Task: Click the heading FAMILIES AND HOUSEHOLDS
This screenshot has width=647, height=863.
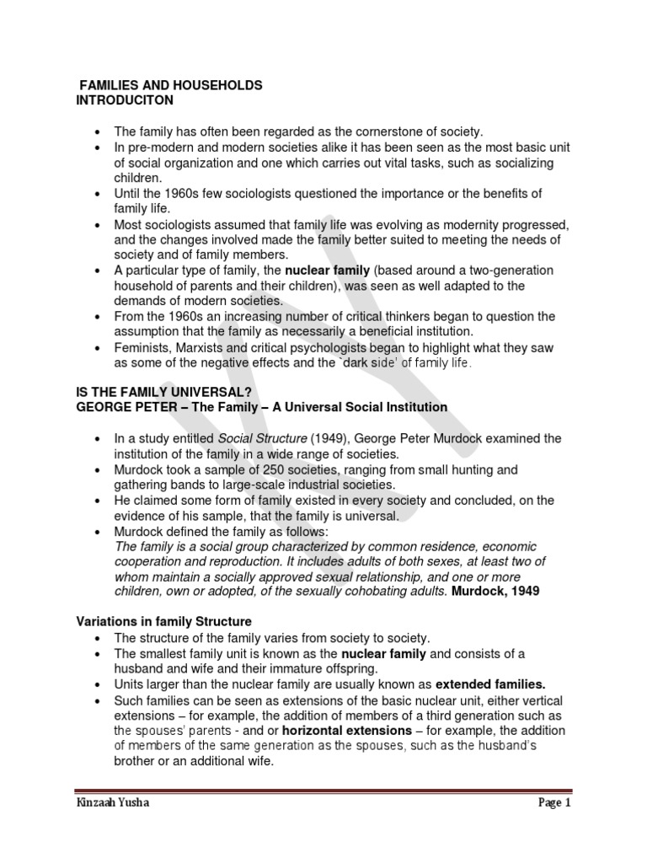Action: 170,85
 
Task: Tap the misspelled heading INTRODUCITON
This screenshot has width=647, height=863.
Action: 125,99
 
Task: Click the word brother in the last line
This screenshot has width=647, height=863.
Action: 137,760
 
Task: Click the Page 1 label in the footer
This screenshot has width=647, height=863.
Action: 554,802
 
